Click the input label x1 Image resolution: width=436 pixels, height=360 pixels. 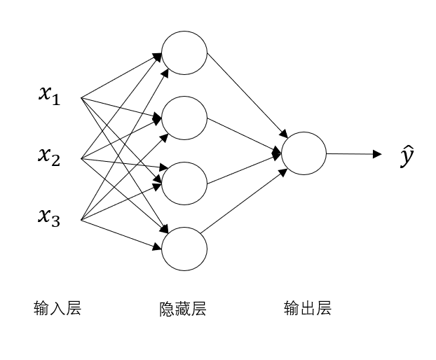tap(49, 95)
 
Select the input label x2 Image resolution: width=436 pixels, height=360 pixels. tap(49, 157)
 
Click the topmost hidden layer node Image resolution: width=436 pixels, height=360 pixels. tap(184, 53)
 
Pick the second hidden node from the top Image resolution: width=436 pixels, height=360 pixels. tap(184, 118)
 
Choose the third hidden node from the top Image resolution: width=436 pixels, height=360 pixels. tap(184, 183)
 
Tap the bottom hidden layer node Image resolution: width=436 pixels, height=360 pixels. tap(184, 249)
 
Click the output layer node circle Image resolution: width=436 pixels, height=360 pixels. tap(304, 153)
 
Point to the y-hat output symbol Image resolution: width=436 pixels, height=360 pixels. tap(407, 158)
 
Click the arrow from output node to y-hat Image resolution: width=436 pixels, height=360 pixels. tap(354, 153)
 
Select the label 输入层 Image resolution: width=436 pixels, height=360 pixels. tap(57, 308)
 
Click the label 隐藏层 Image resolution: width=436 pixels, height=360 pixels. tap(183, 309)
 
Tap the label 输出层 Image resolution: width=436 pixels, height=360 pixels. tap(307, 308)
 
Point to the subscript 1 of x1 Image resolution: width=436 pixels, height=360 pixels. tap(55, 100)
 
